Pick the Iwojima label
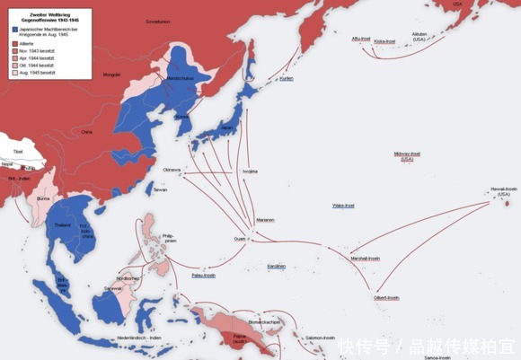pyautogui.click(x=249, y=171)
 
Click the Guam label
pyautogui.click(x=239, y=239)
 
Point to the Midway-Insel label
pyautogui.click(x=408, y=156)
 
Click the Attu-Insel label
pyautogui.click(x=362, y=39)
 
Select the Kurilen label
pyautogui.click(x=286, y=78)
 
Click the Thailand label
pyautogui.click(x=62, y=224)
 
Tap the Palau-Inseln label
pyautogui.click(x=204, y=276)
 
